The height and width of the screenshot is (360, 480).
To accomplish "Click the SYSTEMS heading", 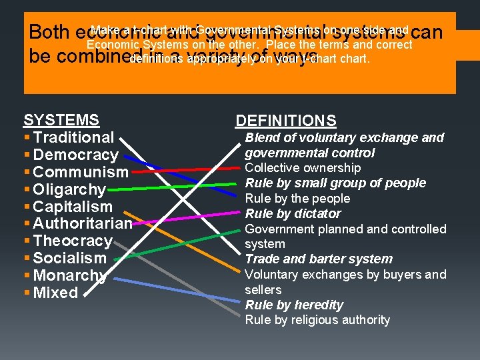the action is [61, 120].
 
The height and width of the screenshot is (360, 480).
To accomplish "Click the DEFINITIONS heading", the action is [285, 121].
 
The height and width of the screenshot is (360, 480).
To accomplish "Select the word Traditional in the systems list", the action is [73, 137].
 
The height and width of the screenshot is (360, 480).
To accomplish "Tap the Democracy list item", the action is [75, 155].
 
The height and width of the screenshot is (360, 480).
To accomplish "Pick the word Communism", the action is [80, 172].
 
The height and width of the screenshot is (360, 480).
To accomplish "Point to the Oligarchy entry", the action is [69, 189].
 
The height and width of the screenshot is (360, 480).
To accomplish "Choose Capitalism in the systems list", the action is [73, 207].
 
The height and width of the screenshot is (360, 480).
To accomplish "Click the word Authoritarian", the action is [83, 223].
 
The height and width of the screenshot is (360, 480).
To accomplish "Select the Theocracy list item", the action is [73, 241].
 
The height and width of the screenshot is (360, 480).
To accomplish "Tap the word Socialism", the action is [69, 258].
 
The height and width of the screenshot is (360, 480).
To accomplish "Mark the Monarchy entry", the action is [69, 275].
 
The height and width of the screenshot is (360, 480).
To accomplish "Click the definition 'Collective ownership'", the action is [303, 168].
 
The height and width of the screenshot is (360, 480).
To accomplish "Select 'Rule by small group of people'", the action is [335, 183].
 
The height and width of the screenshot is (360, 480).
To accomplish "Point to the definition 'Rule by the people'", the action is [297, 199].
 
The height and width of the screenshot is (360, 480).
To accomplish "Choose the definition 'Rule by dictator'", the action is [293, 214].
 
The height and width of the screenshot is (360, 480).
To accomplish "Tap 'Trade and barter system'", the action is [319, 259].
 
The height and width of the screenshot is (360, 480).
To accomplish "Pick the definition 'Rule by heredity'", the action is [294, 305].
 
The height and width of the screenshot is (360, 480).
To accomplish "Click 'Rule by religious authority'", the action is [317, 320].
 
